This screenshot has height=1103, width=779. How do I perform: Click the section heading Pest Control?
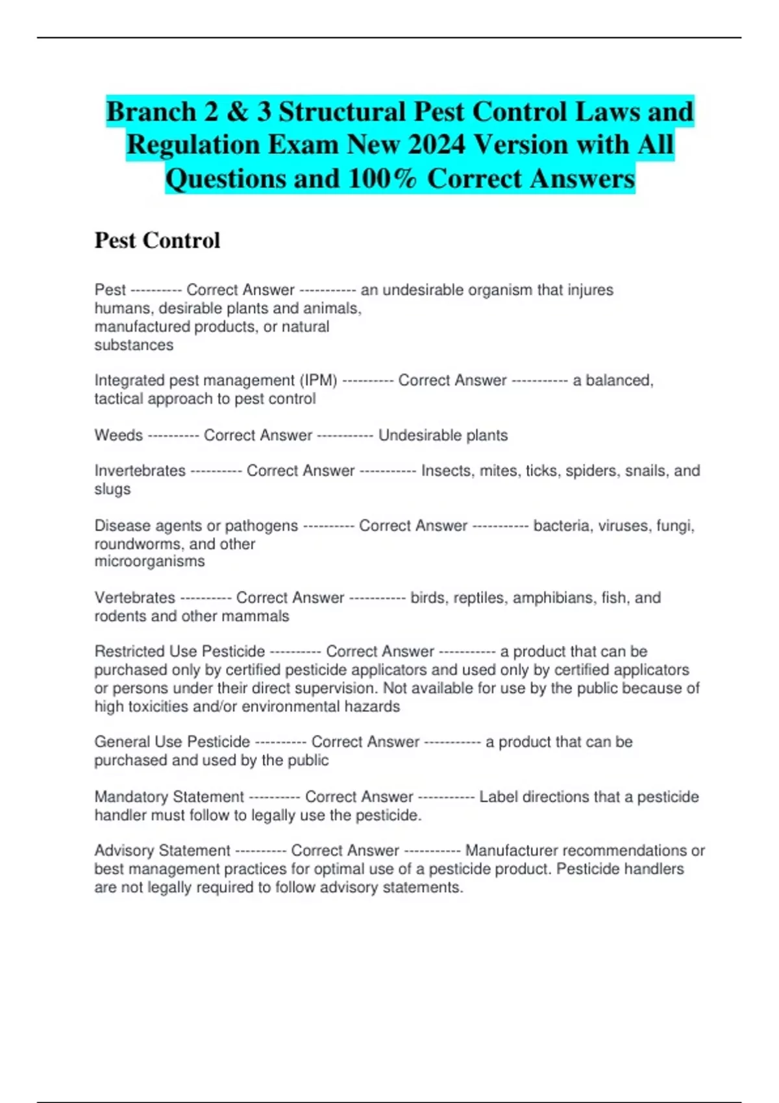click(x=157, y=241)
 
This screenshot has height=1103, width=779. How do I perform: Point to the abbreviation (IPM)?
click(x=318, y=380)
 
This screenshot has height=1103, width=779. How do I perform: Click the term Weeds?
click(x=118, y=435)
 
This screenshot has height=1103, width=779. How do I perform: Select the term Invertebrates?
click(x=140, y=470)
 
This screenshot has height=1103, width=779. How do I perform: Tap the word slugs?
click(x=112, y=489)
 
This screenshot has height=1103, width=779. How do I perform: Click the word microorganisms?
click(x=149, y=561)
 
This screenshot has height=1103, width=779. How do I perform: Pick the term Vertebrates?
click(x=134, y=598)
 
